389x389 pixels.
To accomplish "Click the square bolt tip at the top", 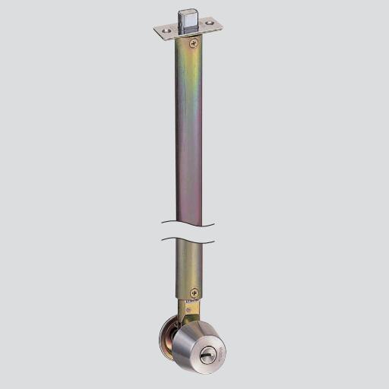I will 188,17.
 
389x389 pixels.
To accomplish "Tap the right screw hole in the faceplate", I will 210,26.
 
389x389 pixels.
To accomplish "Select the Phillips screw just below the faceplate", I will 194,44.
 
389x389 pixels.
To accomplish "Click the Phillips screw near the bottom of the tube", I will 194,293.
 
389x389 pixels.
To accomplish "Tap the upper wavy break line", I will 188,225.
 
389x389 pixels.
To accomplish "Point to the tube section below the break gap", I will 189,266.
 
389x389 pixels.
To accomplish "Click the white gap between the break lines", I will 188,232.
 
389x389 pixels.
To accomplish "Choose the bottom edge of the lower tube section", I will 189,298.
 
